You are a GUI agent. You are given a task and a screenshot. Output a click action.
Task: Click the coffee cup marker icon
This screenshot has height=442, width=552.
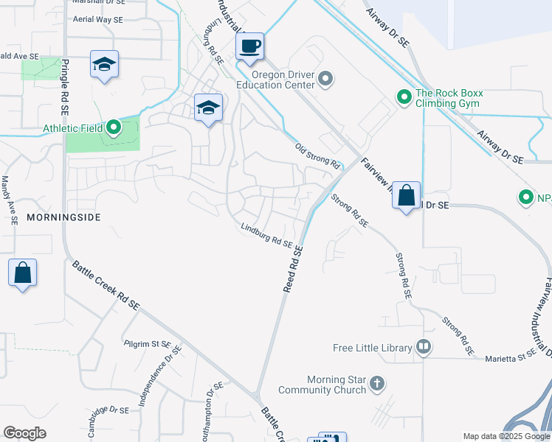coord(250,46)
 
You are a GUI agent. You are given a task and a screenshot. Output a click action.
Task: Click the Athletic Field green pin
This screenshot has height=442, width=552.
coord(113,128)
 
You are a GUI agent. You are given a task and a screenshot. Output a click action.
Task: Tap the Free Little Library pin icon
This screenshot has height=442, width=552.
coord(424,346)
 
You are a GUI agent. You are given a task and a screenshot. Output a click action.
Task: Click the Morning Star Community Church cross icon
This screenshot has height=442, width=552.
coord(377,383)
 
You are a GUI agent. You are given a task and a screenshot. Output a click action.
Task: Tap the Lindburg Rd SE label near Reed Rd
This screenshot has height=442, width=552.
coord(266,236)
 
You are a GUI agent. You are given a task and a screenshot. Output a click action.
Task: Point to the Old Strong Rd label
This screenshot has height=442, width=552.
coord(317,154)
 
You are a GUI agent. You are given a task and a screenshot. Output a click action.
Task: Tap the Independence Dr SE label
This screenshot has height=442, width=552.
coord(167,365)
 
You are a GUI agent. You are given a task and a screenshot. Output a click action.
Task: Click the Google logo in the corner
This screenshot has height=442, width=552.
coord(24,433)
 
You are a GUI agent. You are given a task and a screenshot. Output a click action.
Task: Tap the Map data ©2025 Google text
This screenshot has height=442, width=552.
coord(506,436)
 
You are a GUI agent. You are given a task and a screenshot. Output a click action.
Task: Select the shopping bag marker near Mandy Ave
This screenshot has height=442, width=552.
coord(23,273)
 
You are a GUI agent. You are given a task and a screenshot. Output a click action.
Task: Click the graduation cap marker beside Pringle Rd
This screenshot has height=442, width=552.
coord(104,64)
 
